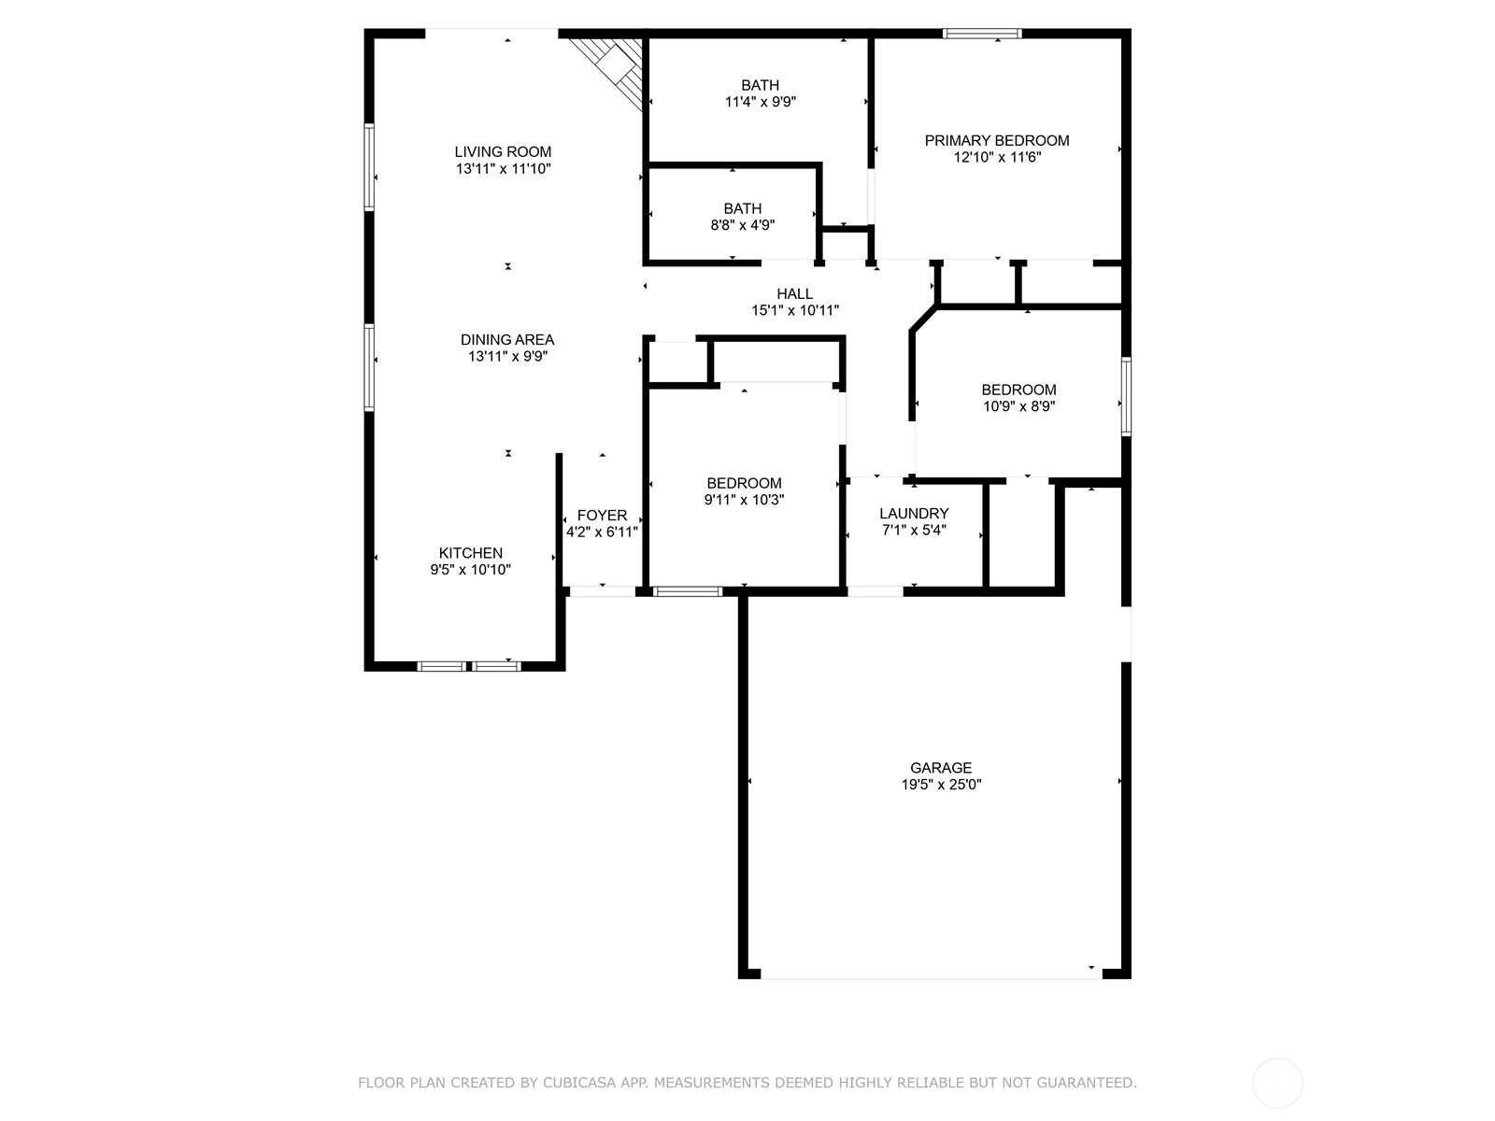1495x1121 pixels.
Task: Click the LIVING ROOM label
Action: coord(504,151)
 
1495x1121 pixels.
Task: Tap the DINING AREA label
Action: coord(507,340)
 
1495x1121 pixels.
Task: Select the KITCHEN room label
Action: coord(471,553)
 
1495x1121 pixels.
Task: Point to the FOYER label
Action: coord(602,516)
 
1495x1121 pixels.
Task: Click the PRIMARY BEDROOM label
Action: coord(997,141)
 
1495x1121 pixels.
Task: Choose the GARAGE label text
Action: coord(941,768)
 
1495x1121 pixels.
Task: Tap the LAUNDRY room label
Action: coord(914,514)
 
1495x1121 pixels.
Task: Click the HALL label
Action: coord(795,294)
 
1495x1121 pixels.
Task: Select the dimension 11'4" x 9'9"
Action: coord(761,102)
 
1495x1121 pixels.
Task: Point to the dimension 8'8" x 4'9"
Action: coord(743,225)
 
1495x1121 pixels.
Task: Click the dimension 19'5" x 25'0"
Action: coord(941,784)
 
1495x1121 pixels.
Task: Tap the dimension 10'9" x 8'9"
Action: coord(1018,406)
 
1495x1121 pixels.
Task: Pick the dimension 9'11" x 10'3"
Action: coord(745,500)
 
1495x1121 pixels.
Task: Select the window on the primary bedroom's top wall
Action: coord(982,34)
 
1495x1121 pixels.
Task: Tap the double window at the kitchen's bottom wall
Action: coord(469,666)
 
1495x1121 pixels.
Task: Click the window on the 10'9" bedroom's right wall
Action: coord(1127,397)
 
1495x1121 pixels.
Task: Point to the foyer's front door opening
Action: coord(602,592)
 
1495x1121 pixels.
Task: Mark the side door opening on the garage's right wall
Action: coord(1127,633)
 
